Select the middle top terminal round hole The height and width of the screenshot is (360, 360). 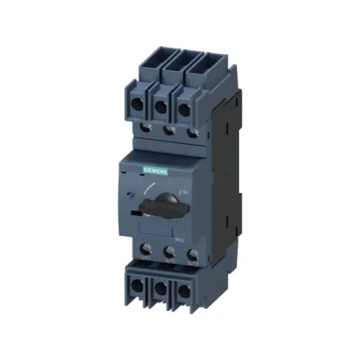(x=161, y=109)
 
